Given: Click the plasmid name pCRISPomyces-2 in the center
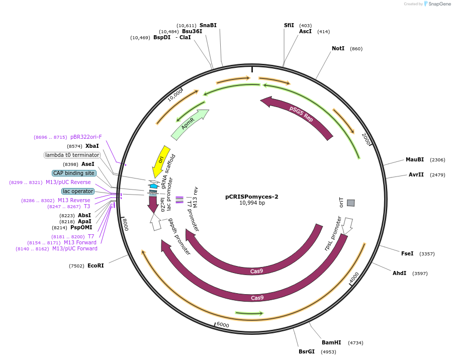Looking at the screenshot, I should pyautogui.click(x=251, y=197).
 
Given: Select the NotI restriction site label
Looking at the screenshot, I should pyautogui.click(x=338, y=49).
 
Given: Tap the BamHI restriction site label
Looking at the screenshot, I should pyautogui.click(x=331, y=342).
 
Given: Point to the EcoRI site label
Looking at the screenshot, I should pyautogui.click(x=96, y=265).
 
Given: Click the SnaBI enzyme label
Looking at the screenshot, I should pyautogui.click(x=208, y=25).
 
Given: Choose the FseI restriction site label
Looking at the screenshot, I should pyautogui.click(x=407, y=253).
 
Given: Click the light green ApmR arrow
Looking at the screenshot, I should pyautogui.click(x=189, y=125).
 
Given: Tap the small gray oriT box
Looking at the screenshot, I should pyautogui.click(x=351, y=203).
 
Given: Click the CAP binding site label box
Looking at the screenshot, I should pyautogui.click(x=74, y=173).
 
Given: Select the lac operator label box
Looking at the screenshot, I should pyautogui.click(x=78, y=191).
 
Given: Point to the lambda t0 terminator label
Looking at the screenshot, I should pyautogui.click(x=72, y=155).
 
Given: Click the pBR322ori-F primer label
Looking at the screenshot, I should pyautogui.click(x=86, y=137).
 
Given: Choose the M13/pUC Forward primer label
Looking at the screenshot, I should pyautogui.click(x=75, y=248).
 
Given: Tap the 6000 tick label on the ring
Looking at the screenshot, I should pyautogui.click(x=223, y=325).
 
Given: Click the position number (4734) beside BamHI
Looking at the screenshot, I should pyautogui.click(x=355, y=342).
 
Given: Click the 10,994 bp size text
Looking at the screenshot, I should pyautogui.click(x=251, y=203).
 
